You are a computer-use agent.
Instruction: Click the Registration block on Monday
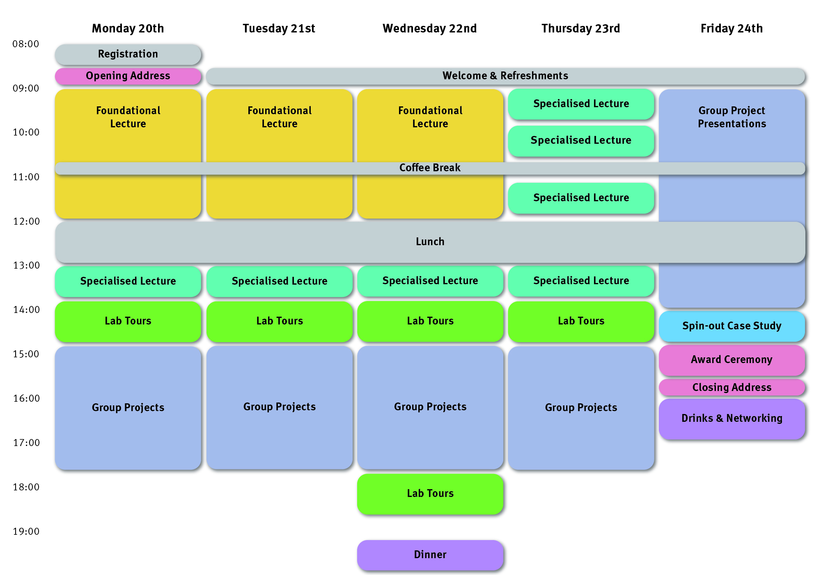(x=128, y=54)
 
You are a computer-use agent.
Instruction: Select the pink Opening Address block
(x=128, y=76)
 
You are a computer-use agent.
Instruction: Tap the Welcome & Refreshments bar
(x=505, y=76)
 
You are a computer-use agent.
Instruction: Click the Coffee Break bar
(x=430, y=168)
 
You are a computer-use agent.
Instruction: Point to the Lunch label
(x=430, y=241)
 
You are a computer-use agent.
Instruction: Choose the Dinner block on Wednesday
(x=430, y=555)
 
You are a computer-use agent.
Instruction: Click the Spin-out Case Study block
(x=732, y=326)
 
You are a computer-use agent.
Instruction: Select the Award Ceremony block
(x=732, y=360)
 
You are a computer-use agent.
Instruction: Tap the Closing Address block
(x=732, y=387)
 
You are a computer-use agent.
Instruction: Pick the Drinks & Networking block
(x=732, y=419)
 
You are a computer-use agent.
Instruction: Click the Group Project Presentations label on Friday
(x=732, y=117)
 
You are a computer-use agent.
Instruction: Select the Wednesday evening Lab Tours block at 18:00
(x=430, y=494)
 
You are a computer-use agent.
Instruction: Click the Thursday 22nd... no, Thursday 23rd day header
(x=580, y=28)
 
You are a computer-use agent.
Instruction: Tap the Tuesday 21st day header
(x=279, y=28)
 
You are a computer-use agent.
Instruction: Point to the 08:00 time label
(x=26, y=44)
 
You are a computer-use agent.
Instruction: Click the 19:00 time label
(x=26, y=531)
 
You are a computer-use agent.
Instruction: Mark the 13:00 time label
(x=26, y=265)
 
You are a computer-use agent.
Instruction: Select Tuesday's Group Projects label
(x=279, y=407)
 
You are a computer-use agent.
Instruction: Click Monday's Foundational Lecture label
(x=128, y=117)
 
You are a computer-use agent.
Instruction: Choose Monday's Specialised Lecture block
(x=128, y=281)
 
